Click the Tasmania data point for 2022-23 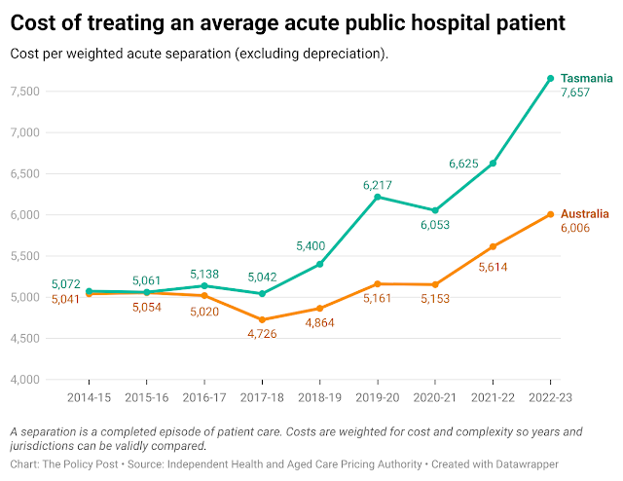click(x=550, y=78)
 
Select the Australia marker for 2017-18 click(x=262, y=319)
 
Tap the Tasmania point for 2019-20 click(x=378, y=197)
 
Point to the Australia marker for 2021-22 click(x=493, y=246)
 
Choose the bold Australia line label click(x=584, y=212)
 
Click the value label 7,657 click(x=574, y=92)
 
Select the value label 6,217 click(x=378, y=182)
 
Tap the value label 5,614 click(x=493, y=264)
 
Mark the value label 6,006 click(x=574, y=228)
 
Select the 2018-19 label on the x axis click(x=319, y=399)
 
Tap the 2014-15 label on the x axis click(x=89, y=399)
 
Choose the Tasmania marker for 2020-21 click(x=435, y=210)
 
